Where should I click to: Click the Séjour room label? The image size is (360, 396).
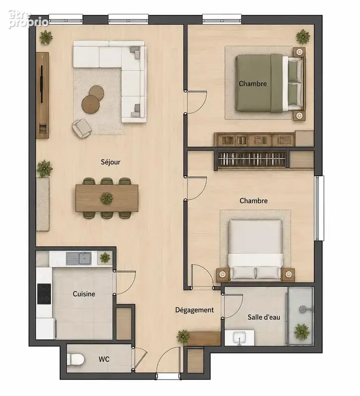coord(110,162)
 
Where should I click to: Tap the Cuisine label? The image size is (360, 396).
coord(84,294)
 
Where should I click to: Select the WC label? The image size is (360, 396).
coord(104,359)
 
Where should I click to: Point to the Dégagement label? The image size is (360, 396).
coord(194,310)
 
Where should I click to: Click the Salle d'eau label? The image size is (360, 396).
coord(264,317)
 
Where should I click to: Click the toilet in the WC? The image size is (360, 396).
coord(76,359)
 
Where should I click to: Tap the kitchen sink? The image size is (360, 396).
coord(79,258)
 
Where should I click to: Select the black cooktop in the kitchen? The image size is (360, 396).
coord(44,294)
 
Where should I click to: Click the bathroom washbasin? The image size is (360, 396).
coord(239,338)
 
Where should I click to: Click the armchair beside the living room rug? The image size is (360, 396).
coord(82,128)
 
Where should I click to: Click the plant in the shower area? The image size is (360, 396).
coord(302,331)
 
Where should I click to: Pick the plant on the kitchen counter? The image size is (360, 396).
coord(105,257)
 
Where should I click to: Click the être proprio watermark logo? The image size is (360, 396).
coord(28,19)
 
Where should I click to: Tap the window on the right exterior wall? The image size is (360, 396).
coord(319,208)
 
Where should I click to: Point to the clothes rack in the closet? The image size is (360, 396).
coord(252,159)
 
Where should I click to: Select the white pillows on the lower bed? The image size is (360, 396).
coord(255,273)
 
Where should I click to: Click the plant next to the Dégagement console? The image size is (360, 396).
coord(183,337)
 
